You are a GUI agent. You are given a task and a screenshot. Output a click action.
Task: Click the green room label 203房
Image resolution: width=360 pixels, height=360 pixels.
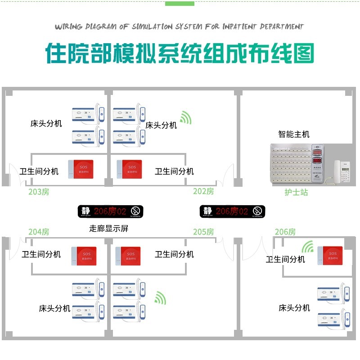39,192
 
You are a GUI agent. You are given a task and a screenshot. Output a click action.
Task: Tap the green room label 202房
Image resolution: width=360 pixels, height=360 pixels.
203,191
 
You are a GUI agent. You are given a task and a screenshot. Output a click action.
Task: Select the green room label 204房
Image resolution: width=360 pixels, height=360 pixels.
39,232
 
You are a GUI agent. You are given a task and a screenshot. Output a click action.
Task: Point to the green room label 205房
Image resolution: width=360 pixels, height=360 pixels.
203,232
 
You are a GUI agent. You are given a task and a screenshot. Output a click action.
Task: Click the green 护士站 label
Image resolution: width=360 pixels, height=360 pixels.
296,192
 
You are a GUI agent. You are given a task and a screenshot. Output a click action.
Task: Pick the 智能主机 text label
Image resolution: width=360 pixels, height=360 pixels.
293,134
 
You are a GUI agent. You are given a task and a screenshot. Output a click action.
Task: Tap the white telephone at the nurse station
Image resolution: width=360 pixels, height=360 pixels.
341,171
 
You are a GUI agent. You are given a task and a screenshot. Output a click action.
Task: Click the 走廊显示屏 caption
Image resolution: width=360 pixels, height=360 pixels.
109,228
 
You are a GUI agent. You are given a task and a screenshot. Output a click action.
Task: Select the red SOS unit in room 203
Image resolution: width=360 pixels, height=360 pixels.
81,169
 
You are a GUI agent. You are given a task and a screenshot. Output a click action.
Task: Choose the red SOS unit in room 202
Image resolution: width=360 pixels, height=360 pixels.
129,169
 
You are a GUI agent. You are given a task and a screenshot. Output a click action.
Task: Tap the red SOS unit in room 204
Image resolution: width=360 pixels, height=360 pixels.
84,256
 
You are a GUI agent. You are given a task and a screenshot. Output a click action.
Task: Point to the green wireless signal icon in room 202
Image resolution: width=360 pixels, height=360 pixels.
185,118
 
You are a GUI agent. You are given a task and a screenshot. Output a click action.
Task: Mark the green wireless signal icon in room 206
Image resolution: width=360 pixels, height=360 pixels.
308,247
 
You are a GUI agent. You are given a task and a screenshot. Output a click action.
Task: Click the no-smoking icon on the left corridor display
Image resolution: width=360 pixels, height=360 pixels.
135,211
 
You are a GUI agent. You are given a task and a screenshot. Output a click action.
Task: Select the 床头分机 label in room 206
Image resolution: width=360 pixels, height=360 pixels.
294,308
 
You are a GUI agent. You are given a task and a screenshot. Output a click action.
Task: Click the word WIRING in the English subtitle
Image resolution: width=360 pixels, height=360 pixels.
69,27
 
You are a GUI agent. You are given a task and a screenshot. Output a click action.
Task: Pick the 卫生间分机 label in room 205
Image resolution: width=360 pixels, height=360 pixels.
174,254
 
